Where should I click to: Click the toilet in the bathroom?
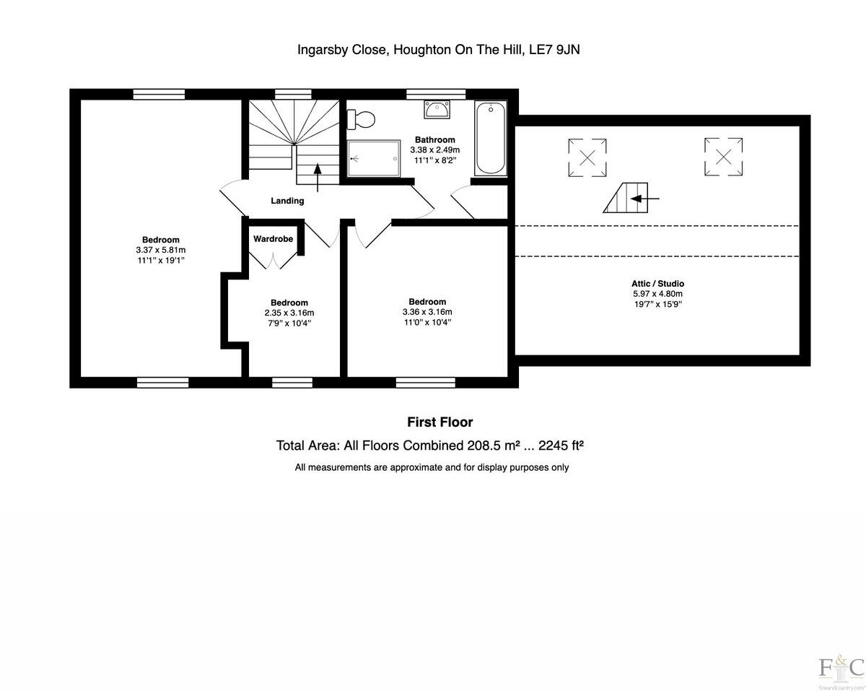(x=360, y=118)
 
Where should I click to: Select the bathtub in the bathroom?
(x=490, y=139)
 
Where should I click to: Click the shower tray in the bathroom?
(x=374, y=158)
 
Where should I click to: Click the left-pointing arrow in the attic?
(x=648, y=198)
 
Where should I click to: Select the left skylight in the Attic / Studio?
(x=587, y=157)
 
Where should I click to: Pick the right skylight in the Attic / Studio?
(x=724, y=156)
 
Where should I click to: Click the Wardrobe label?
(x=273, y=238)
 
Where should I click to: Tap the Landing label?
(x=287, y=201)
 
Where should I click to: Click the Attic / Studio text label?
(x=657, y=284)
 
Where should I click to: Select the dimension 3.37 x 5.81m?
(x=161, y=250)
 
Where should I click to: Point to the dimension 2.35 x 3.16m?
(x=289, y=313)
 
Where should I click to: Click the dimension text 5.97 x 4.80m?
(x=657, y=294)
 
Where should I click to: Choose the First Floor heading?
(x=439, y=422)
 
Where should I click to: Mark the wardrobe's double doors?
(x=273, y=261)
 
